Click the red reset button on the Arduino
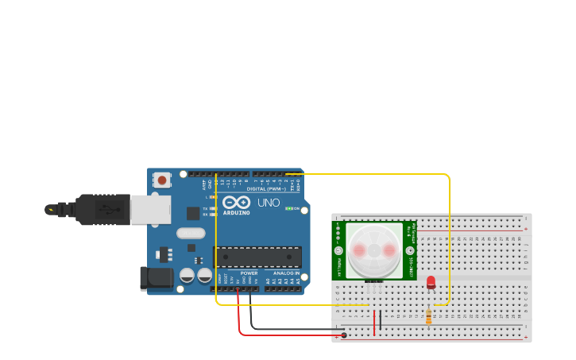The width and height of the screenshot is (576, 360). coord(162,180)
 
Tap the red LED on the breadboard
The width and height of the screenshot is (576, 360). coord(431,281)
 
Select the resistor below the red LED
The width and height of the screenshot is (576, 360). coord(429,316)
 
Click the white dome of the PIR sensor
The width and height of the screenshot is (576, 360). coord(373,250)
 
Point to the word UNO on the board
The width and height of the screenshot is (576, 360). coord(269,203)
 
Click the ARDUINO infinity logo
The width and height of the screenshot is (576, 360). coord(236,203)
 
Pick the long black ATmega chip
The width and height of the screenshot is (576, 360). coord(257,257)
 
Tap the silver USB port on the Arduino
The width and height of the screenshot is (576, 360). coord(150,210)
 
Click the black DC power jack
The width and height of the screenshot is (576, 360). coord(157,277)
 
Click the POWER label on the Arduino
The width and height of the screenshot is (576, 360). coord(249,273)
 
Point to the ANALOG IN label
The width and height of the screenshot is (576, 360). coord(287,273)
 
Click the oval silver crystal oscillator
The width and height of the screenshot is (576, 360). coord(191,234)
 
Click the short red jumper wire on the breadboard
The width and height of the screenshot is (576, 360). coord(374,322)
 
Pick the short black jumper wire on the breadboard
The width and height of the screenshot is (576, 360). coord(380,320)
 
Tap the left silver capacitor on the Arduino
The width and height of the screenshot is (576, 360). coord(187,276)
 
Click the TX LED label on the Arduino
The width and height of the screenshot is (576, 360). coord(205,208)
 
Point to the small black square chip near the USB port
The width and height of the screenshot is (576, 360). coord(193,213)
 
